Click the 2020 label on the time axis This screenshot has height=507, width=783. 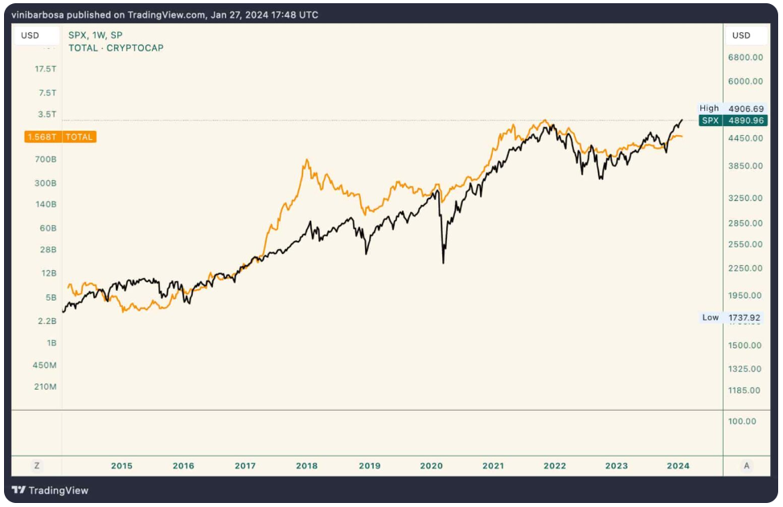(432, 465)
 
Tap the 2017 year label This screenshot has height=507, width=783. (244, 465)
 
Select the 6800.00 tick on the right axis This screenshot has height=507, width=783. (745, 57)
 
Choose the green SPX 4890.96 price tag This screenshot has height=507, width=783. (732, 121)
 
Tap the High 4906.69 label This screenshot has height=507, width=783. (731, 108)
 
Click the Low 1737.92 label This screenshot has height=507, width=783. (732, 317)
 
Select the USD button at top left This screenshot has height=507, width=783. (31, 35)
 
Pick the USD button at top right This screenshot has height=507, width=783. (741, 35)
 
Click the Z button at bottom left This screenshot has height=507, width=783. (36, 465)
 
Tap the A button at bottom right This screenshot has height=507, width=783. (747, 465)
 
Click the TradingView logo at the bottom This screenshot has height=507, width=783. (51, 490)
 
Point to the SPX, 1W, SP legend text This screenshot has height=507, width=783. (95, 36)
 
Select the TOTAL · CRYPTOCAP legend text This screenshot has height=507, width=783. (116, 48)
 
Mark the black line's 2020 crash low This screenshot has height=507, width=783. (444, 262)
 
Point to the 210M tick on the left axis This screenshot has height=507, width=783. (45, 387)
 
